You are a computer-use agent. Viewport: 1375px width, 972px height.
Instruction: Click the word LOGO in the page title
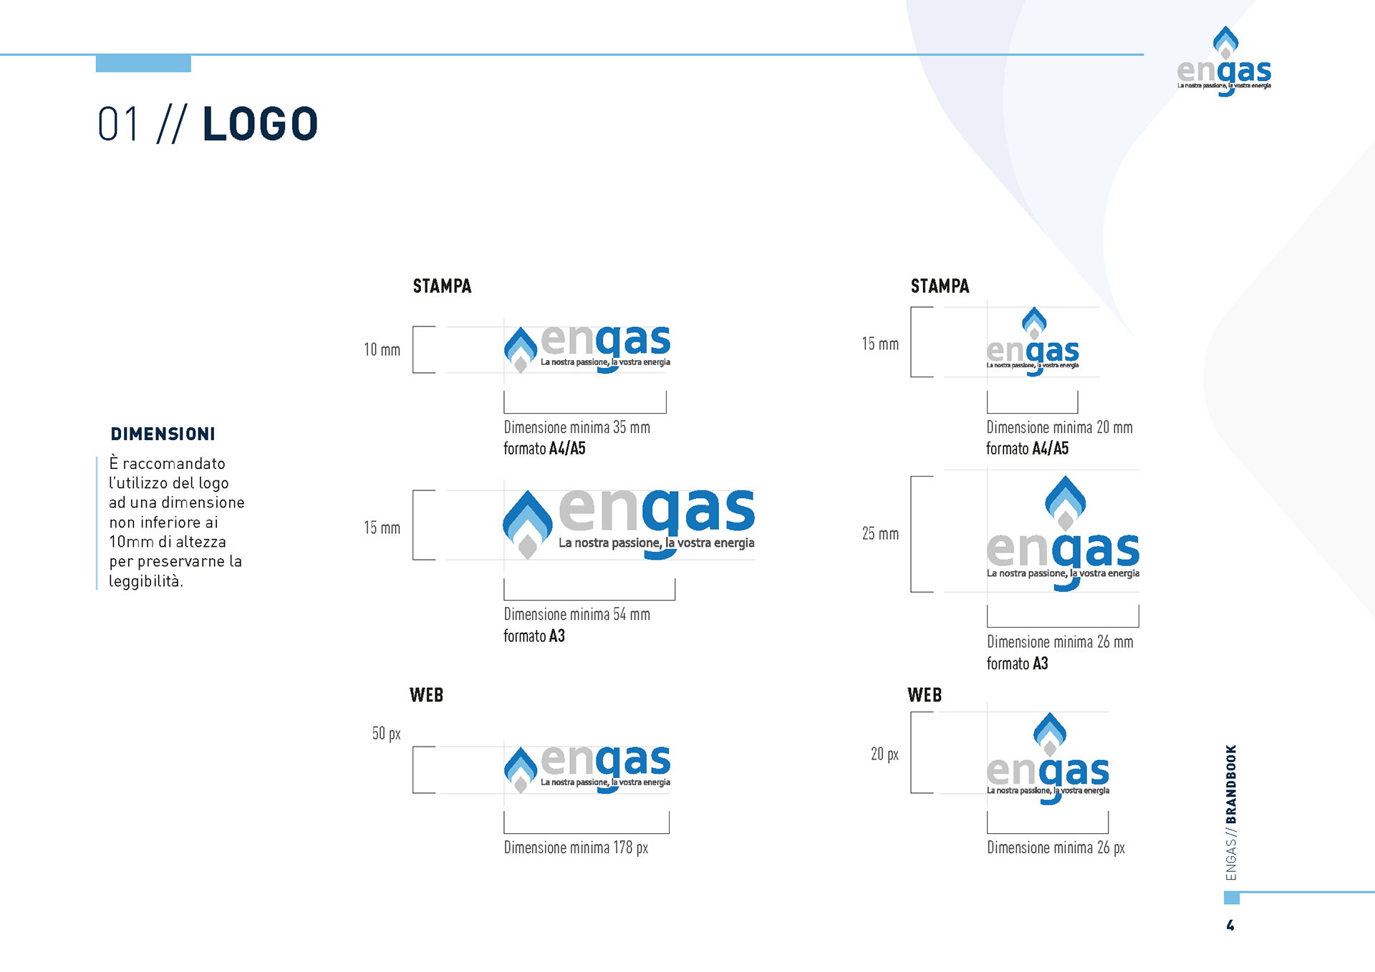pyautogui.click(x=260, y=124)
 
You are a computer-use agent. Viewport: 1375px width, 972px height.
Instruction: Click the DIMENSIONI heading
pyautogui.click(x=163, y=434)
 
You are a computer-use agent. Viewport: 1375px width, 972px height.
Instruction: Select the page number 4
pyautogui.click(x=1230, y=925)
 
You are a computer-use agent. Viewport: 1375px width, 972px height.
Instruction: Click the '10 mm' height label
pyautogui.click(x=382, y=350)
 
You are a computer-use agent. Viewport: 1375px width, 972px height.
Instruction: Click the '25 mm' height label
pyautogui.click(x=880, y=534)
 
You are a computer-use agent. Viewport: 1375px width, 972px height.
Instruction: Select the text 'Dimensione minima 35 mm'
pyautogui.click(x=576, y=427)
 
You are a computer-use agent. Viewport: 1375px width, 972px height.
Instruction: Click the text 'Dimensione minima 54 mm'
pyautogui.click(x=576, y=614)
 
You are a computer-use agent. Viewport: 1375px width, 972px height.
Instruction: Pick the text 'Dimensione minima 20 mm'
pyautogui.click(x=1059, y=427)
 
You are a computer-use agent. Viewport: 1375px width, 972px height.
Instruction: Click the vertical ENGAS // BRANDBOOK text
pyautogui.click(x=1231, y=812)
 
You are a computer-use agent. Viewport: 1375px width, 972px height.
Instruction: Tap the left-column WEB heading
pyautogui.click(x=426, y=695)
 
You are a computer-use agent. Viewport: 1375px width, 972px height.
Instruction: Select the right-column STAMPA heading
pyautogui.click(x=940, y=286)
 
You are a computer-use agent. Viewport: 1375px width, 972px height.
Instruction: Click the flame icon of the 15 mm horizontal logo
pyautogui.click(x=528, y=523)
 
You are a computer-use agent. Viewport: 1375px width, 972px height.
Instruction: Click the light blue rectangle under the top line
pyautogui.click(x=143, y=64)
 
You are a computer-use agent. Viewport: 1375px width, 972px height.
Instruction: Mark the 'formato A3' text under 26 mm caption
pyautogui.click(x=1017, y=664)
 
